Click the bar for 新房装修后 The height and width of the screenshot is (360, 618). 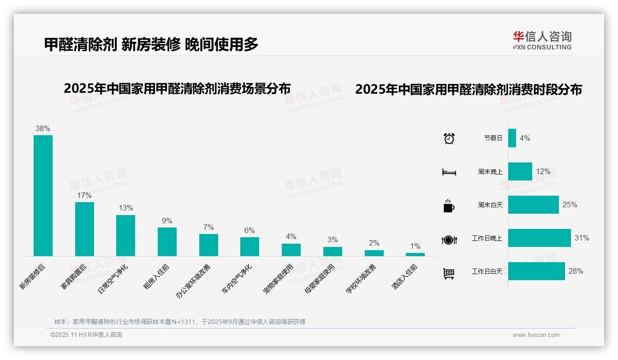(x=43, y=195)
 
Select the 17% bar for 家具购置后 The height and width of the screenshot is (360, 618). (x=84, y=229)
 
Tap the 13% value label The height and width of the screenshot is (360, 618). (x=125, y=208)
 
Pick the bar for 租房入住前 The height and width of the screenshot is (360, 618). (x=167, y=241)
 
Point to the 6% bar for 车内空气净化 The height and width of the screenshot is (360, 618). (x=250, y=246)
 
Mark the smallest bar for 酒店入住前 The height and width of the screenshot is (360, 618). (x=415, y=254)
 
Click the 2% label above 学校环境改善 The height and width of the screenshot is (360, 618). (x=374, y=243)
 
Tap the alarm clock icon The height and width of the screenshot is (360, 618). (x=449, y=138)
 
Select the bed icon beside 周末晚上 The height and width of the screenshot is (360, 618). (x=449, y=172)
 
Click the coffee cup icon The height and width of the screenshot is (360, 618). (x=449, y=205)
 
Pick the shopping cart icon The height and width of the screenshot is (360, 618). (x=449, y=273)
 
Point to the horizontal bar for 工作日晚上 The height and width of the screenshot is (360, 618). (x=539, y=238)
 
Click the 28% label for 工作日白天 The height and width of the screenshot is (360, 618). (x=576, y=271)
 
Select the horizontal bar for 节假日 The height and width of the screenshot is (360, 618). (x=512, y=138)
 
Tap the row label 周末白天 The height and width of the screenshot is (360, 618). (x=490, y=205)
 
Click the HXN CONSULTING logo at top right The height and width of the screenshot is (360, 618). (x=542, y=41)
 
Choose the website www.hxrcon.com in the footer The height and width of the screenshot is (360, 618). (x=536, y=335)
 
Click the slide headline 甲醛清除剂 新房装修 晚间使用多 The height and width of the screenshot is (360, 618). (x=151, y=44)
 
